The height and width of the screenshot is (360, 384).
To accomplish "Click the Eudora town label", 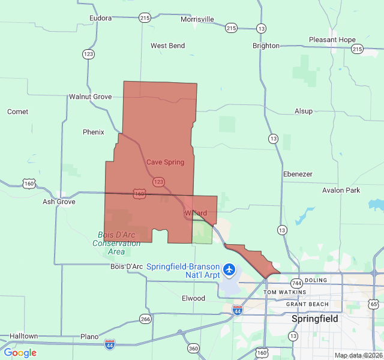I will tap(100, 18).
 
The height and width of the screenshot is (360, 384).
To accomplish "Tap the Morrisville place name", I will tap(197, 19).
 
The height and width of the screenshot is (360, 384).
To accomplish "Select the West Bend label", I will tap(167, 46).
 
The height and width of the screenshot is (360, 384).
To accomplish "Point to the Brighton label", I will tap(266, 46).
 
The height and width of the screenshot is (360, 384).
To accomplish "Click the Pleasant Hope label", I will tap(332, 40).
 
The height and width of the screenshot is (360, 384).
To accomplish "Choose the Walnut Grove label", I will tap(90, 97).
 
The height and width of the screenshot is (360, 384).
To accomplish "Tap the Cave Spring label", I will tap(165, 162).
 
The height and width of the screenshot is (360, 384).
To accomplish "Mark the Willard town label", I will tap(196, 213).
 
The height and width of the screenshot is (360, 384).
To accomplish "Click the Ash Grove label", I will tap(59, 202).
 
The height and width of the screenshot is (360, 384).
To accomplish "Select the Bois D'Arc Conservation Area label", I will tap(116, 243).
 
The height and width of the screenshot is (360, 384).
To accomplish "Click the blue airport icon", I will tap(229, 269).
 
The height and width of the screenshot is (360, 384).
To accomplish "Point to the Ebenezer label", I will tap(298, 174).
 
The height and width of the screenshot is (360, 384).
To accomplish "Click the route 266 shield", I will tap(145, 319).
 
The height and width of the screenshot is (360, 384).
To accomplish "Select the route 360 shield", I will tap(193, 348).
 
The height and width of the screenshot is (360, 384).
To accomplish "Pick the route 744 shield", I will tap(296, 283).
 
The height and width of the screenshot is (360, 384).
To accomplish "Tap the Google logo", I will tap(20, 353).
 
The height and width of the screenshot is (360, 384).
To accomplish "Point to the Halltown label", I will tap(23, 336).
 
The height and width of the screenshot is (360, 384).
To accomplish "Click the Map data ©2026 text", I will tap(358, 356).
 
